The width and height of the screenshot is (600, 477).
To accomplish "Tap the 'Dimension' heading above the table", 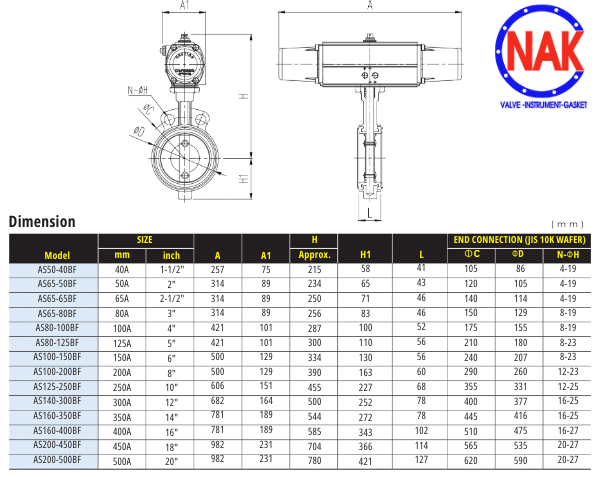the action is click(x=42, y=222).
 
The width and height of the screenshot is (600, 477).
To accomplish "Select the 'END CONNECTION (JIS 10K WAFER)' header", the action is click(x=519, y=240).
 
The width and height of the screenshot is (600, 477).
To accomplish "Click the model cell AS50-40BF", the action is click(x=57, y=270).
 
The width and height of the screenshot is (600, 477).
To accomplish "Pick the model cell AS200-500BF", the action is click(x=57, y=459).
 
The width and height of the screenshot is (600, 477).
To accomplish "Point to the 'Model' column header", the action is click(x=57, y=256).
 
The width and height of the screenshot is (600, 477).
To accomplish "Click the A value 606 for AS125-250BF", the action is click(x=217, y=386).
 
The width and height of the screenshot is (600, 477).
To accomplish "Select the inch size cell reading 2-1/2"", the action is click(x=172, y=299).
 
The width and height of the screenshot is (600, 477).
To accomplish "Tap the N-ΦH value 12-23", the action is click(x=568, y=371).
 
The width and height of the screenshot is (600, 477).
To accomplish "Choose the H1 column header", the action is click(x=365, y=255).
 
